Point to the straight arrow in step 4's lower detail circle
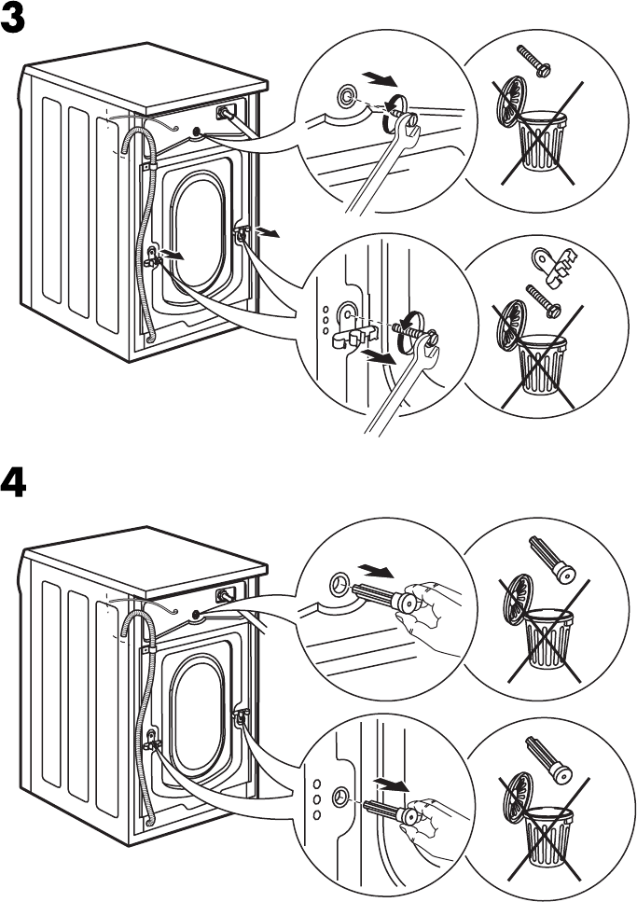[391, 785]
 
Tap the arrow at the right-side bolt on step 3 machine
[267, 233]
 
